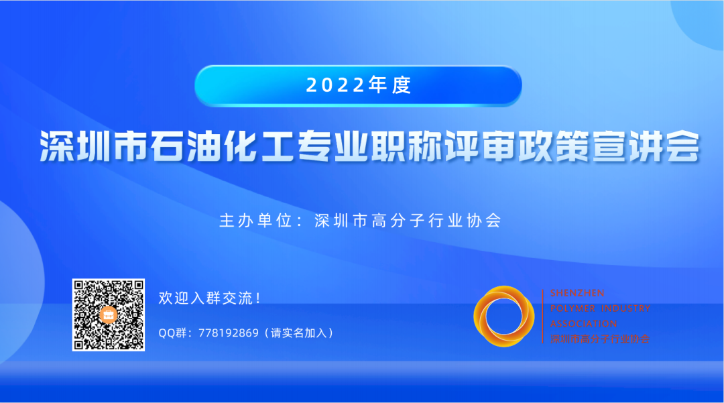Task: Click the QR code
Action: (x=109, y=314)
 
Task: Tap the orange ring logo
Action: (x=503, y=316)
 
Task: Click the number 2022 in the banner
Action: (x=336, y=85)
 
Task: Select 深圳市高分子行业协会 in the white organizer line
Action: (x=408, y=221)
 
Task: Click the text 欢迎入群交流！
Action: (x=210, y=298)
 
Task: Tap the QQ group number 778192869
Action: (x=229, y=333)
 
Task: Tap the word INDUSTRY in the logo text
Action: (x=627, y=308)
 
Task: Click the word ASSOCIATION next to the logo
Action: (x=583, y=324)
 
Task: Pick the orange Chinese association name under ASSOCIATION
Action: (x=599, y=339)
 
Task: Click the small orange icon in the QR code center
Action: (x=109, y=314)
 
